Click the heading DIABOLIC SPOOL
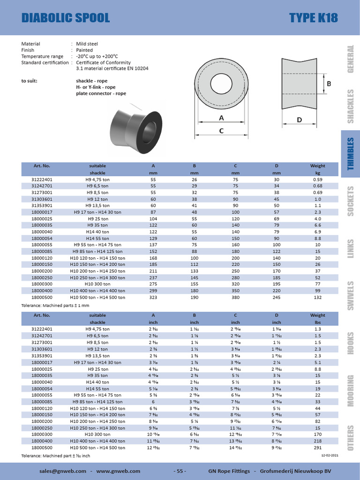[66, 18]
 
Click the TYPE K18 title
[313, 18]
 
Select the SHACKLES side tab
[350, 106]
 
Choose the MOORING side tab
[350, 391]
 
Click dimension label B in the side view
[329, 84]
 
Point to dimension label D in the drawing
[299, 120]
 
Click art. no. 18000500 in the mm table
[42, 297]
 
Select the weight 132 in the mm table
[317, 297]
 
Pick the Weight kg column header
[317, 169]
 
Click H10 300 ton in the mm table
[97, 284]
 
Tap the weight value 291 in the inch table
[317, 447]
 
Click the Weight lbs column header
[317, 319]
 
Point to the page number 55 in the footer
[180, 471]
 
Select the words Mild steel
[87, 44]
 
